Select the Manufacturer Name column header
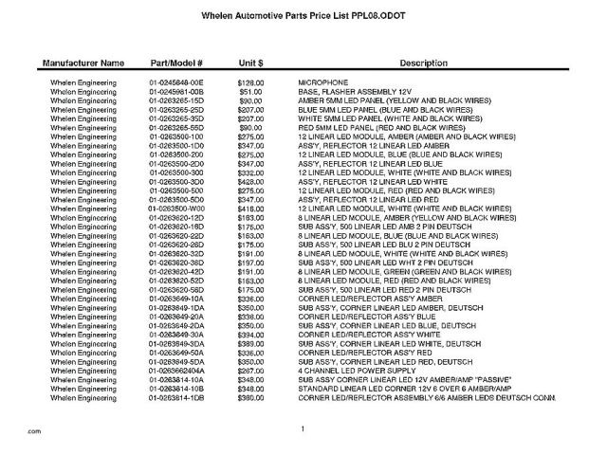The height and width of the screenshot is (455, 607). (83, 63)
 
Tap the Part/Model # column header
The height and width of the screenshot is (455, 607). (177, 63)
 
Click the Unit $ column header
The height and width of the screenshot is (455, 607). (250, 63)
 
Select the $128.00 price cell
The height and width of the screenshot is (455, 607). (250, 83)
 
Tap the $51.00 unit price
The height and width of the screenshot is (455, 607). (250, 91)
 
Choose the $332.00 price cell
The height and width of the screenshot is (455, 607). (250, 173)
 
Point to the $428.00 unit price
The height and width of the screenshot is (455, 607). (250, 181)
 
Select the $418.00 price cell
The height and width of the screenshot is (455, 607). (250, 208)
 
